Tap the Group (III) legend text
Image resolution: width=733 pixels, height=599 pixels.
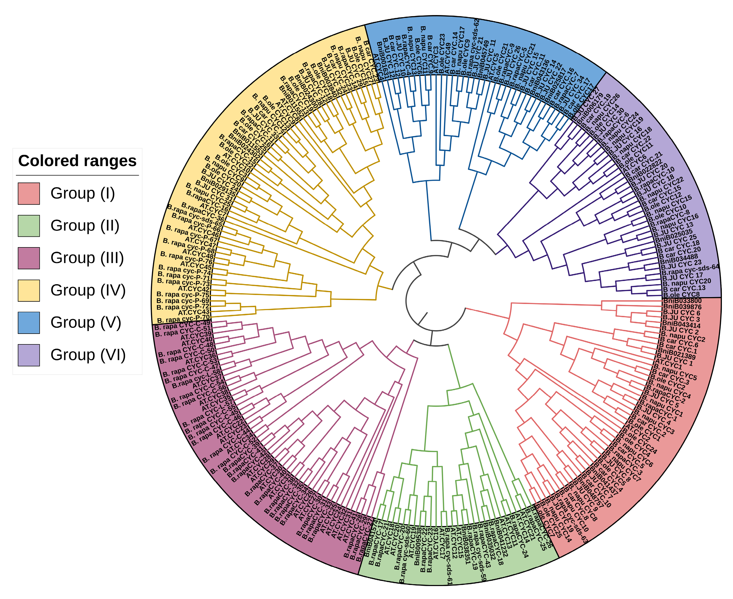(x=87, y=258)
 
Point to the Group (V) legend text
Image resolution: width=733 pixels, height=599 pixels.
(x=86, y=322)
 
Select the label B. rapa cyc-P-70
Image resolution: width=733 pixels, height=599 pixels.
(x=183, y=319)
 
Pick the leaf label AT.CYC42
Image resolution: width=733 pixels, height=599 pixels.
(x=194, y=288)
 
